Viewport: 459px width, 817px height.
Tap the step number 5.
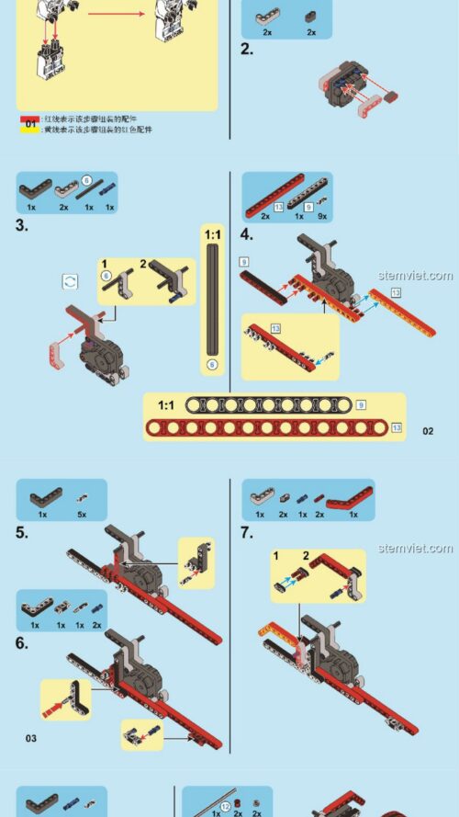pos(22,532)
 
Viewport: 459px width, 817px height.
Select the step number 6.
pos(22,642)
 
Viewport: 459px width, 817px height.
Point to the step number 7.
pos(246,532)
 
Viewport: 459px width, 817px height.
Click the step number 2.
pos(246,49)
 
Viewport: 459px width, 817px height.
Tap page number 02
pos(428,430)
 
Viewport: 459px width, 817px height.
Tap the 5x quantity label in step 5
pos(82,515)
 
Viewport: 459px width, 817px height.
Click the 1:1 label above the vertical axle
pos(213,235)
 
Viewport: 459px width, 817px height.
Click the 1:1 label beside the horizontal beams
pos(166,405)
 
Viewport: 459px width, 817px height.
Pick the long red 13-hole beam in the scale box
pos(266,427)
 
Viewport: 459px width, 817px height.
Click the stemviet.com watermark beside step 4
pos(415,276)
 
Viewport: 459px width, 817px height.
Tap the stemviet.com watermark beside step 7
pos(415,549)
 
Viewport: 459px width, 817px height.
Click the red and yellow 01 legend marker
pos(29,123)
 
